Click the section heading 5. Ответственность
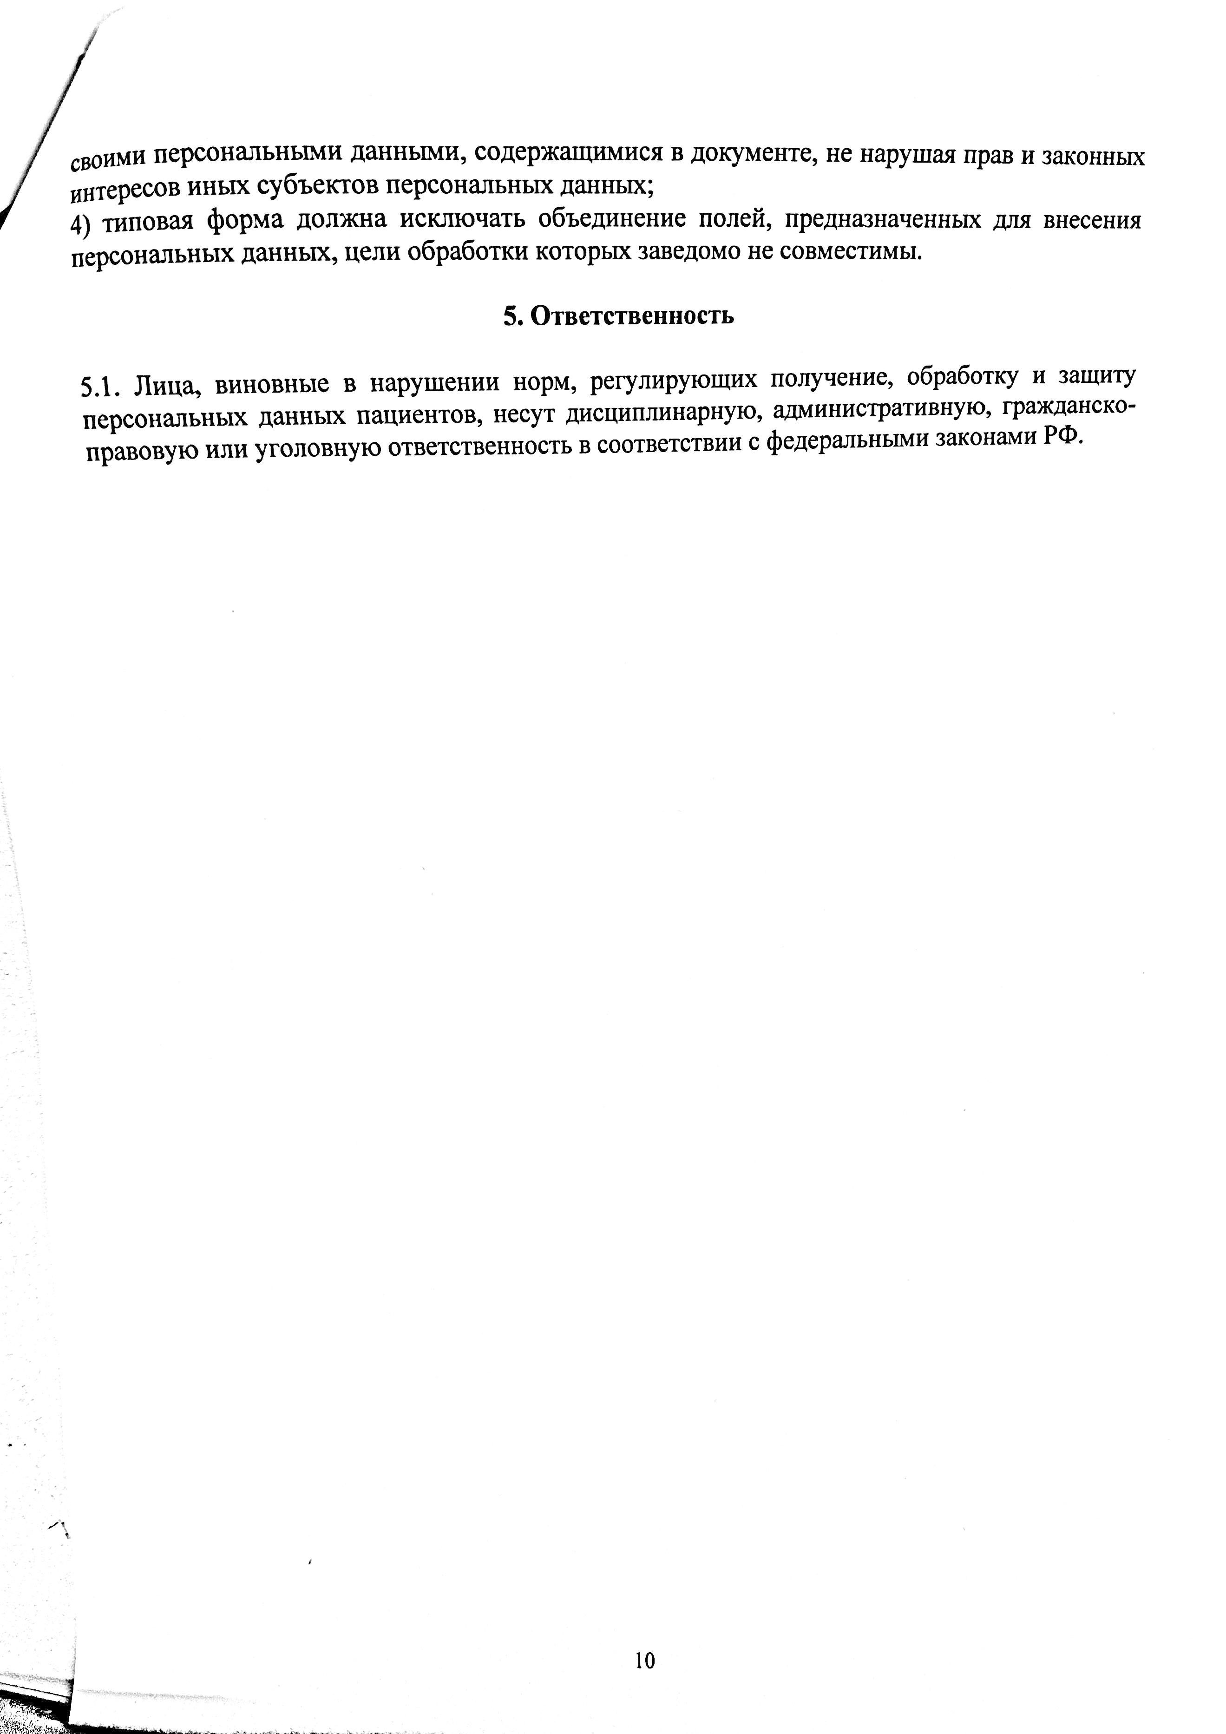pos(618,315)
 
